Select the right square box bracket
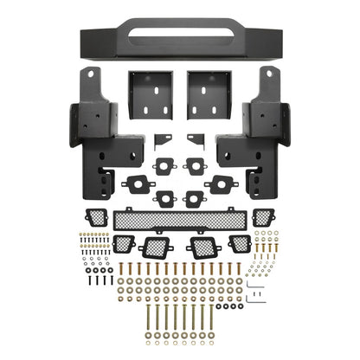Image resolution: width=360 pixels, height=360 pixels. pos(209,94)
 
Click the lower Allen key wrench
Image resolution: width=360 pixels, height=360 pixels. pos(256,299)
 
